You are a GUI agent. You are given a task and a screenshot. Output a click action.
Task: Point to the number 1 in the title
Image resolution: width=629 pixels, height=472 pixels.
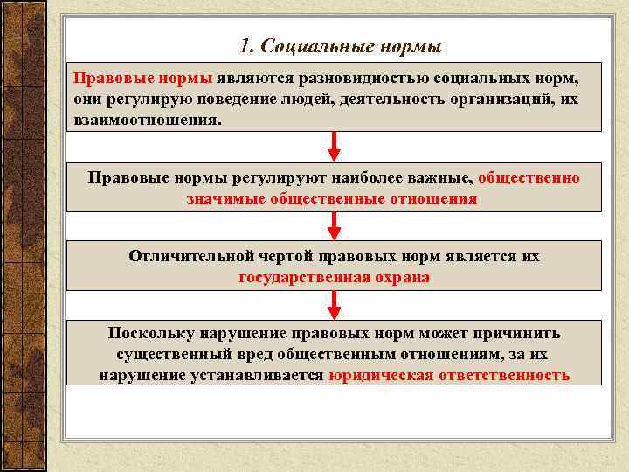pyautogui.click(x=243, y=45)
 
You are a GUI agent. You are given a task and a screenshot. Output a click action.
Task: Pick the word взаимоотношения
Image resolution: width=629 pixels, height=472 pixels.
pyautogui.click(x=148, y=119)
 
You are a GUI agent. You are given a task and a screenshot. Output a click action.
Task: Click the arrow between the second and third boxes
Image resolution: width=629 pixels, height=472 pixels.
pyautogui.click(x=334, y=226)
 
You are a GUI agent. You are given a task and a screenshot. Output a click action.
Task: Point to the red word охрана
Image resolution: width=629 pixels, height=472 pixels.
pyautogui.click(x=401, y=277)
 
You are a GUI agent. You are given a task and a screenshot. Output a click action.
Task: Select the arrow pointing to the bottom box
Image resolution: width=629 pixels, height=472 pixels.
pyautogui.click(x=334, y=305)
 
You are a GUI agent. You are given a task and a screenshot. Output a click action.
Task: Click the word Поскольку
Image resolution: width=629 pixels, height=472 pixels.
pyautogui.click(x=152, y=334)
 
